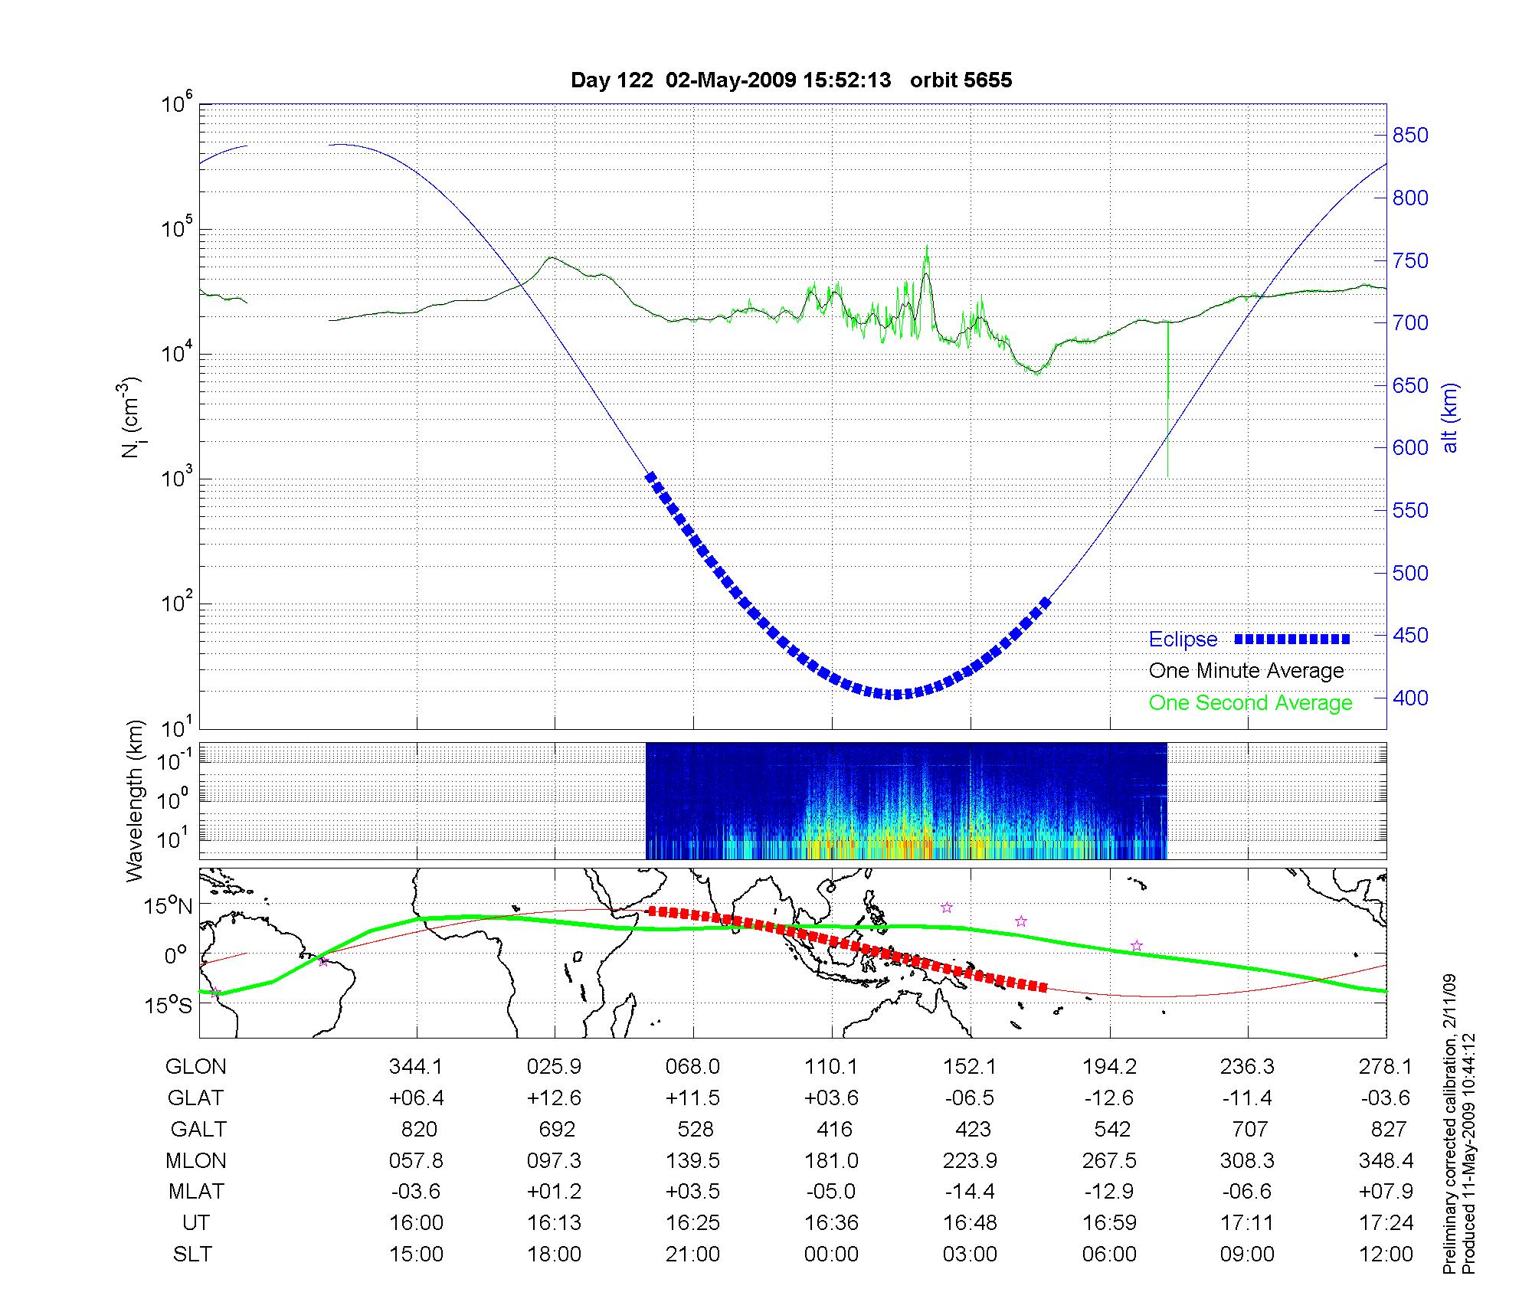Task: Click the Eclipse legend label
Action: point(1183,640)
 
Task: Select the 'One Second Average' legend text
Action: point(1250,703)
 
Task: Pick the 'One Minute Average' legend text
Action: point(1246,671)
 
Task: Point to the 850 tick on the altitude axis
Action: point(1410,136)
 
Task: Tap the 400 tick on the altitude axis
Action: point(1410,698)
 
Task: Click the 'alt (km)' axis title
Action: point(1450,417)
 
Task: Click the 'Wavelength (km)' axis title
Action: point(135,800)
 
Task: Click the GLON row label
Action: point(196,1066)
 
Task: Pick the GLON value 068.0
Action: point(693,1066)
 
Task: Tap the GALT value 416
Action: point(834,1129)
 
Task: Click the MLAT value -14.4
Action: point(970,1192)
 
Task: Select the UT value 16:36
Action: point(832,1223)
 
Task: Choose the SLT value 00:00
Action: point(832,1255)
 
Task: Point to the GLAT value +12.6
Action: point(554,1098)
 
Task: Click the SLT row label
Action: point(192,1255)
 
